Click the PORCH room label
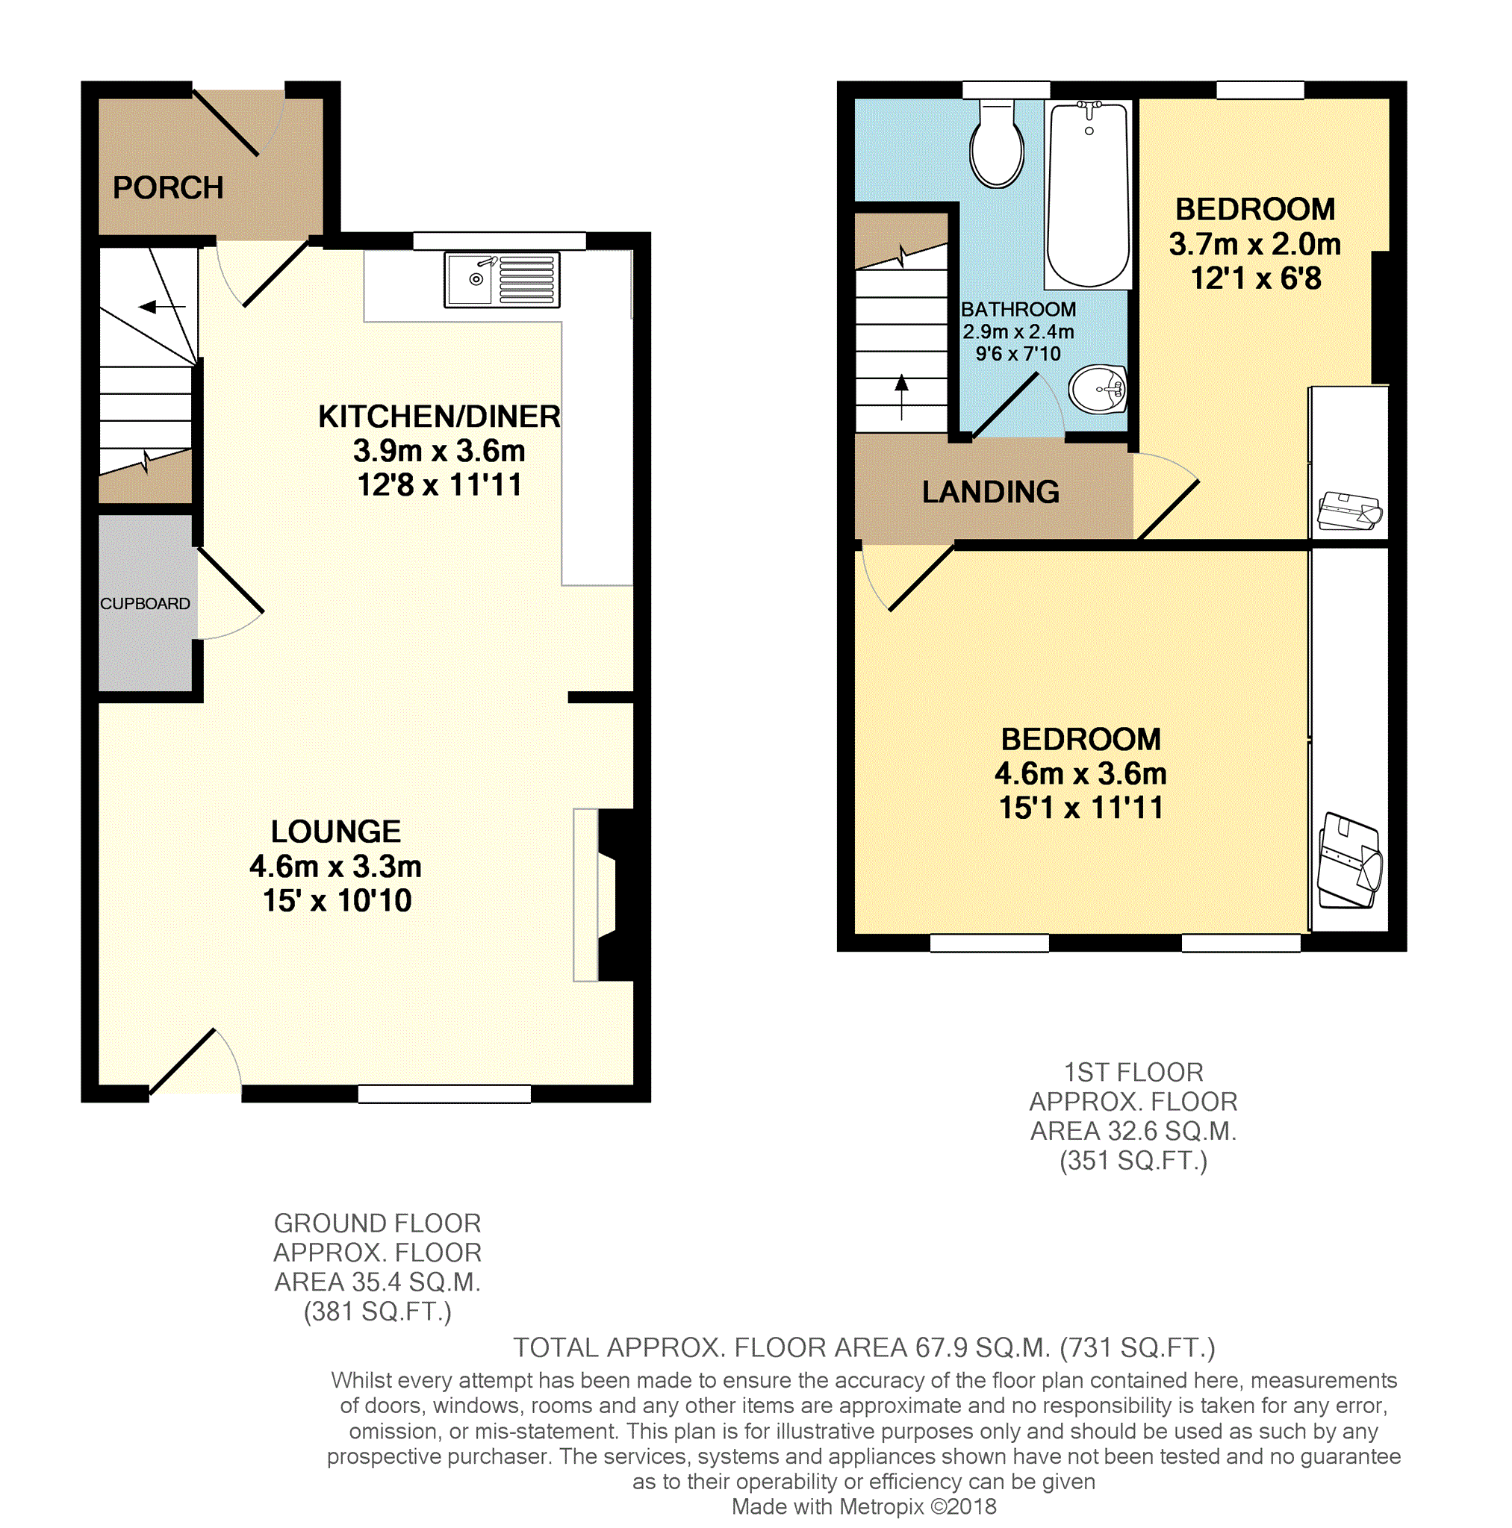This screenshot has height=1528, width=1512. click(168, 187)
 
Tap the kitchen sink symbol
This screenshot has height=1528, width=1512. click(501, 279)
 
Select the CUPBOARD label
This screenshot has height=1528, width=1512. click(145, 603)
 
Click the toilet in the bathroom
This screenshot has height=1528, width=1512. click(996, 146)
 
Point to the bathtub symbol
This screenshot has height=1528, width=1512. click(1088, 195)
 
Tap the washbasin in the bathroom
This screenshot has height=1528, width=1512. click(1098, 389)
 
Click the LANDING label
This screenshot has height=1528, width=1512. click(990, 492)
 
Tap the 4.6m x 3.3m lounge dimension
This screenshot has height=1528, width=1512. click(335, 867)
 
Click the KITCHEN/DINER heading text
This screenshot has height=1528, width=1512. click(439, 417)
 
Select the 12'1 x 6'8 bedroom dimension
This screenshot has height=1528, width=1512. click(1256, 278)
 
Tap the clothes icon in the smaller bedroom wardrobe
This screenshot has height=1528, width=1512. click(1349, 511)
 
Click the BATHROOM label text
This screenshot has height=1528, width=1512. click(1018, 309)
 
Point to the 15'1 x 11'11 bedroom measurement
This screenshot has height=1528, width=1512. click(1080, 808)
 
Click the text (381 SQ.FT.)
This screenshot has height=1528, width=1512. click(377, 1312)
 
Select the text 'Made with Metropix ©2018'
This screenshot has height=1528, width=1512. click(863, 1507)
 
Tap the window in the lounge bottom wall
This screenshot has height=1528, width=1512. click(444, 1094)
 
